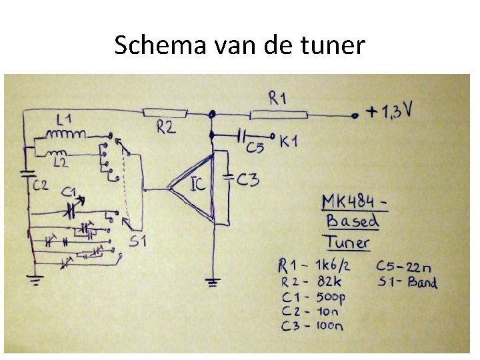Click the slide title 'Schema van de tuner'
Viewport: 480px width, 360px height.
(239, 45)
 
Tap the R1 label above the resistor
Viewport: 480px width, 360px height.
(279, 98)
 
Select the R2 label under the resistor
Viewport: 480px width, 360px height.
(167, 127)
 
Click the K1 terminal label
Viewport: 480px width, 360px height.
(289, 141)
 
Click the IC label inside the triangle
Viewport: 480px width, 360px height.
(199, 183)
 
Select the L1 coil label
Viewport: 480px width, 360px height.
(64, 120)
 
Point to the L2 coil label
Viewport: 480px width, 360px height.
(61, 162)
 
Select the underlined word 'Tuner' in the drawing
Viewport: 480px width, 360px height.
(347, 242)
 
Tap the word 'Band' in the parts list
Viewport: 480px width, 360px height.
(422, 282)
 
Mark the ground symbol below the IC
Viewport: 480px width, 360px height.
(213, 283)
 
